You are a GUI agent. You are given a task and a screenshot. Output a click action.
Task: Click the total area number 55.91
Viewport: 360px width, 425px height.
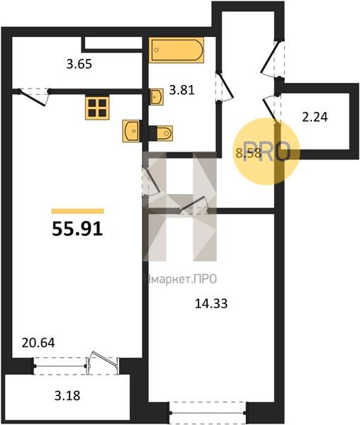pyautogui.click(x=78, y=228)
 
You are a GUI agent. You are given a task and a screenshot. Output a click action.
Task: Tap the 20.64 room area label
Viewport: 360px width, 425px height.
pyautogui.click(x=39, y=343)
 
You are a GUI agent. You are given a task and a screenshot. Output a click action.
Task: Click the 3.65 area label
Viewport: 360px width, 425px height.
pyautogui.click(x=79, y=64)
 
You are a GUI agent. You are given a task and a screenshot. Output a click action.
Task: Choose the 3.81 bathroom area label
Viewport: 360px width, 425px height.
pyautogui.click(x=181, y=90)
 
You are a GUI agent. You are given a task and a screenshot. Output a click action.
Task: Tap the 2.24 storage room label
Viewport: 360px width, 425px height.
pyautogui.click(x=315, y=118)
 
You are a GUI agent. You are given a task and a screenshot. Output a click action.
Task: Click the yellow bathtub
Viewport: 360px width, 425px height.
pyautogui.click(x=176, y=50)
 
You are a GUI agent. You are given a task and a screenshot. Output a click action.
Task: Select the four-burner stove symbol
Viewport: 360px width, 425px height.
pyautogui.click(x=96, y=108)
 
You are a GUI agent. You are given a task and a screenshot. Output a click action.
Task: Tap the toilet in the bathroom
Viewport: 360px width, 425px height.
pyautogui.click(x=160, y=132)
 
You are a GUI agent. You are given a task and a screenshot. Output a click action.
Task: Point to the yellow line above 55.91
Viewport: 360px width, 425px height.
pyautogui.click(x=78, y=211)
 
